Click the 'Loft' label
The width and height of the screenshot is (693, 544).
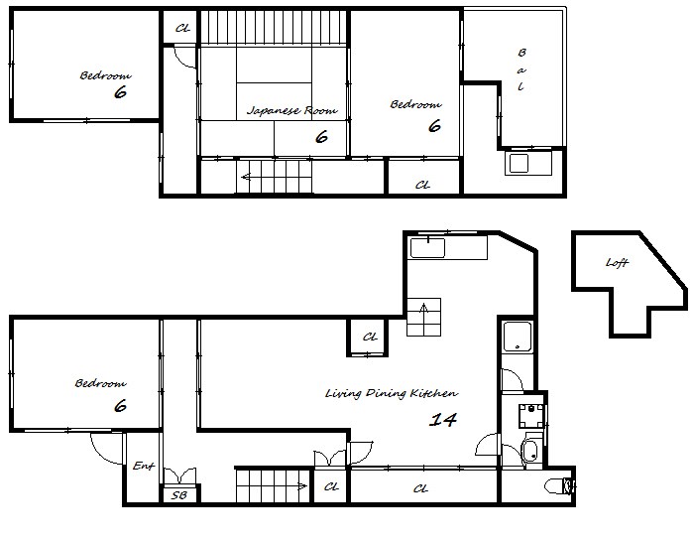coord(617,262)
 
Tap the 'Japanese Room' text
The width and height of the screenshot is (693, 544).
coord(292,110)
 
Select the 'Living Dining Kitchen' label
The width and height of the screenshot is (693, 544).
coord(392,393)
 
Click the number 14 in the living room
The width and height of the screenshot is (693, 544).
coord(443,419)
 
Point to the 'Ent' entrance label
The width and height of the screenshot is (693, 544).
coord(144,466)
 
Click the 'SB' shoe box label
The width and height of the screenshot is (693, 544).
coord(179,495)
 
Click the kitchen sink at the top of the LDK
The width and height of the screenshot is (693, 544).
coord(427,248)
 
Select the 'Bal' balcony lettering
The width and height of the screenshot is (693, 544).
coord(521,69)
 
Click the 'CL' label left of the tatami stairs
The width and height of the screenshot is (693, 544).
coord(182,29)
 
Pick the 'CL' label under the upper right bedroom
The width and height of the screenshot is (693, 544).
coord(422,185)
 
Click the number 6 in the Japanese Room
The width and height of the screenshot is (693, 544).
coord(322,137)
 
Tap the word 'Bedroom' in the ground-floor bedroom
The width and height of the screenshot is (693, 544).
coord(100,383)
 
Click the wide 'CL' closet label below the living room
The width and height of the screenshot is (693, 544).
coord(420,488)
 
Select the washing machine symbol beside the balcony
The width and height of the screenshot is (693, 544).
coord(528,163)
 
